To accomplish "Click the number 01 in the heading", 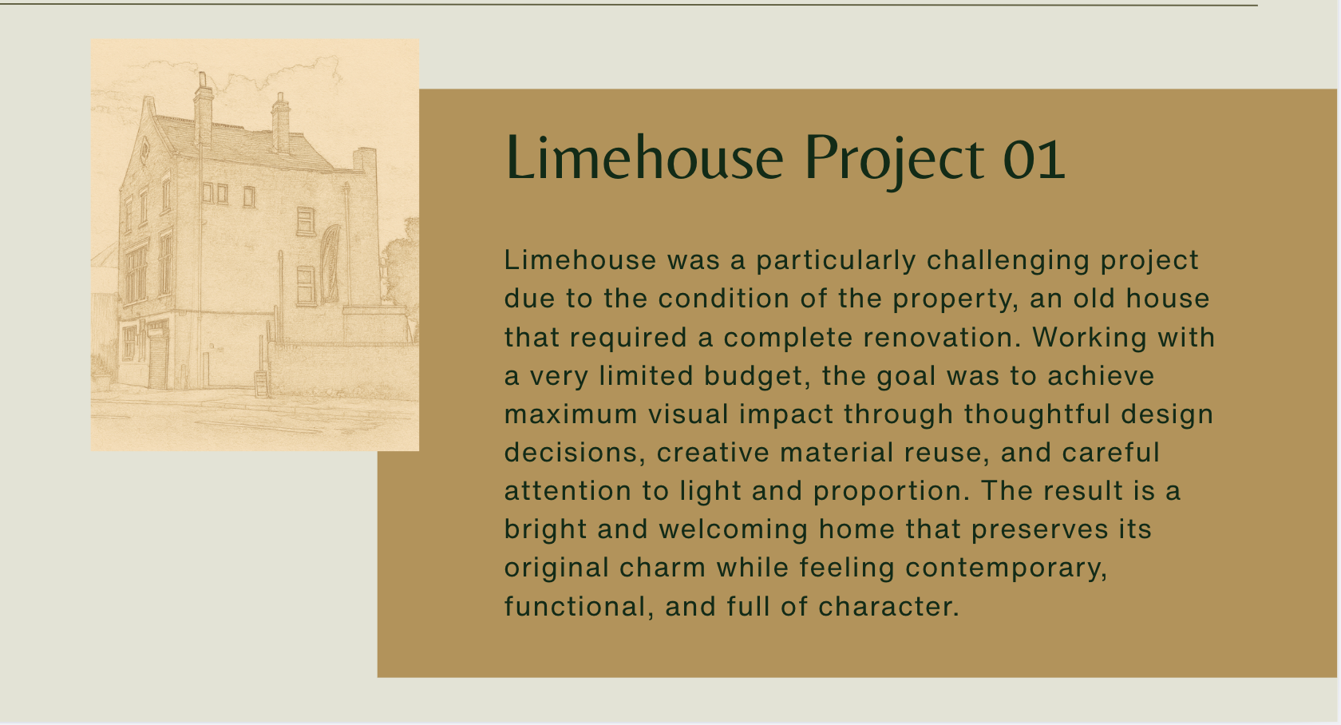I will [x=1034, y=158].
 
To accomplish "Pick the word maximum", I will [x=571, y=414].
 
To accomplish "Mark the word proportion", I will [x=891, y=491].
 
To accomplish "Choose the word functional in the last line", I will [x=575, y=607].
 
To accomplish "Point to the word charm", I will [x=663, y=568].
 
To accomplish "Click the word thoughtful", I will [x=1038, y=414].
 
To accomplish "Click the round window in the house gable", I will [x=145, y=149].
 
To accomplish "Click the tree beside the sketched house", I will [x=402, y=263].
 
